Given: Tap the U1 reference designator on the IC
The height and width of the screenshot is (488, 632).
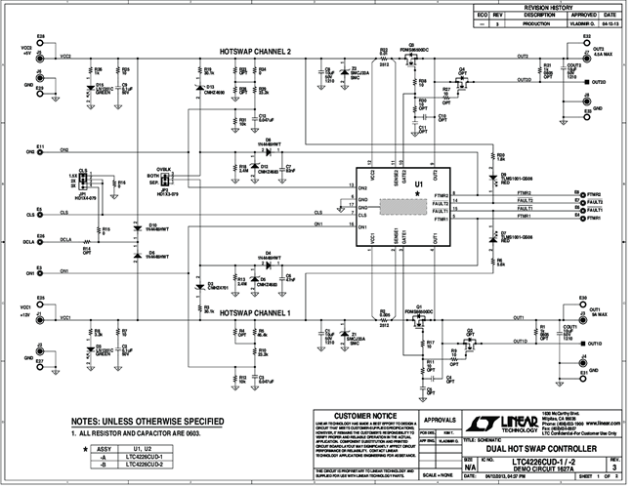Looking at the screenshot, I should click(x=419, y=183).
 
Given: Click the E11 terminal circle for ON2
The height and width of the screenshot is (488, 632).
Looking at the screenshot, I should click(x=40, y=152).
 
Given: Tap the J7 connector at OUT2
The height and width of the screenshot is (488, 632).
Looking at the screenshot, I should click(x=586, y=59).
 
